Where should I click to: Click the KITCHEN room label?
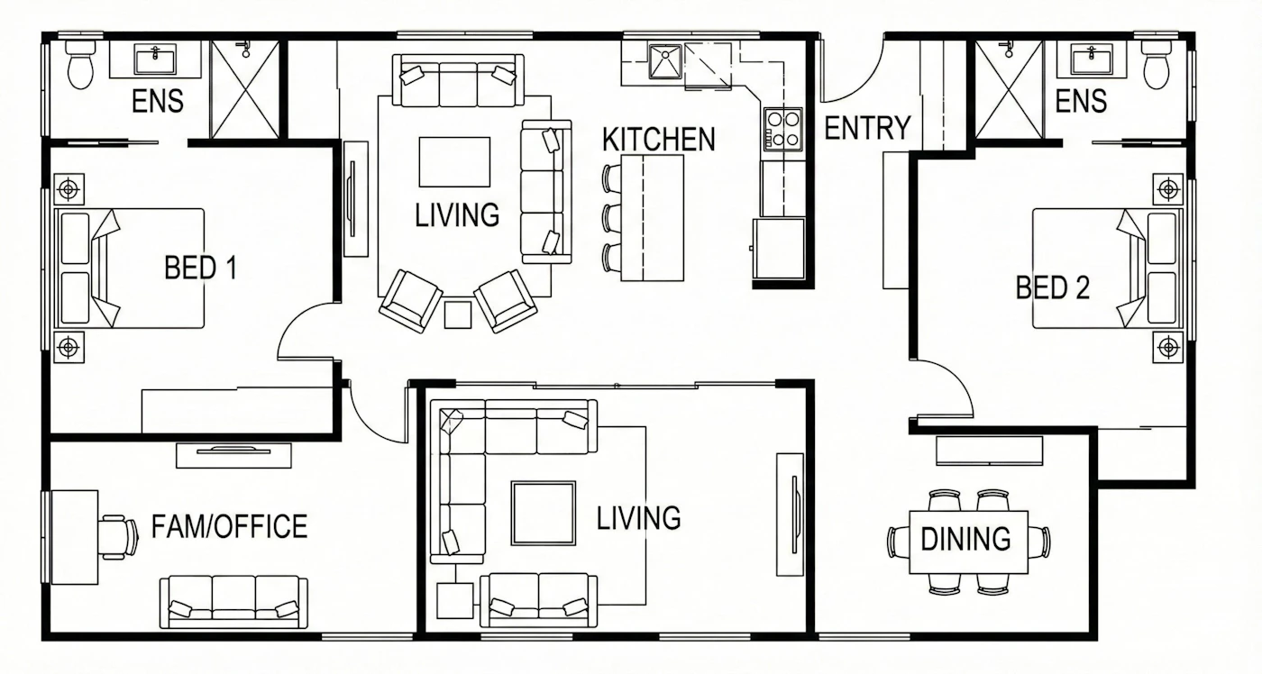(x=659, y=140)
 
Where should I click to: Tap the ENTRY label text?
(x=867, y=128)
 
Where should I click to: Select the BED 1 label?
(x=200, y=268)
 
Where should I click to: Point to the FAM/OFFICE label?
(x=229, y=526)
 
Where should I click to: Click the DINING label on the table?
(x=965, y=539)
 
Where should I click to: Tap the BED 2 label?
(x=1053, y=287)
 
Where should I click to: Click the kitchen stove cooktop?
(x=783, y=129)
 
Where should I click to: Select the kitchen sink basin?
(x=665, y=62)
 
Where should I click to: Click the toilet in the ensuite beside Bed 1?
(x=80, y=65)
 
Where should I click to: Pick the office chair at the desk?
(x=119, y=537)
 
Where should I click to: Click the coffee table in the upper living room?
(x=454, y=161)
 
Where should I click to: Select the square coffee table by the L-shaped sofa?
(x=543, y=513)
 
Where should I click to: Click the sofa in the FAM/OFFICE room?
(x=233, y=602)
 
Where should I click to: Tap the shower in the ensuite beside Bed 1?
(x=244, y=89)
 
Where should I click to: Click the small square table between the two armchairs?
(x=458, y=314)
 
